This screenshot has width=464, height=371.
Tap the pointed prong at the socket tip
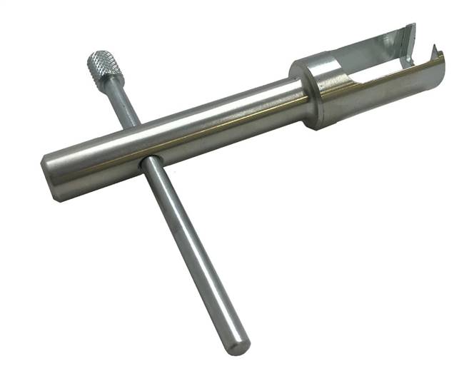point(432,51)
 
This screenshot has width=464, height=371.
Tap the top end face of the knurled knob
point(96,56)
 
